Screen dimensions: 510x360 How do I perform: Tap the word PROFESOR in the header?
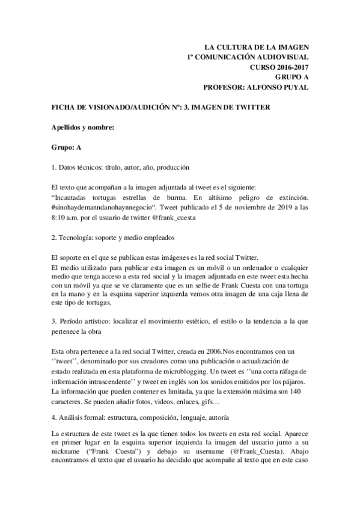(226, 87)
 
